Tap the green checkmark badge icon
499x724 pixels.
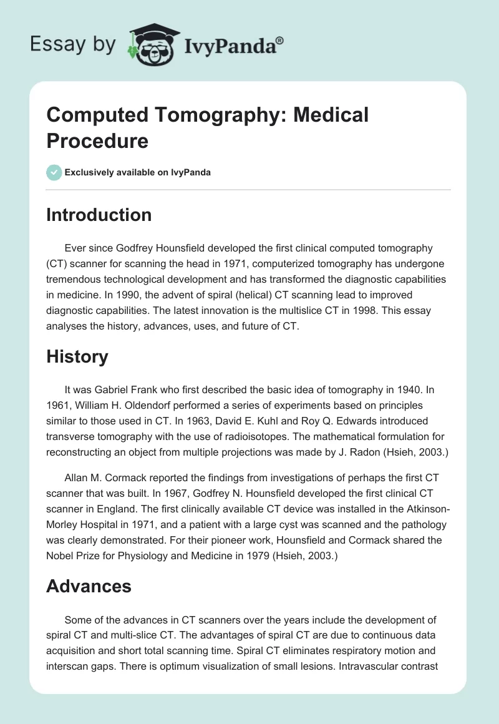(x=54, y=172)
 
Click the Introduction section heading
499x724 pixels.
(x=99, y=215)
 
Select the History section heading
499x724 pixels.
(x=77, y=356)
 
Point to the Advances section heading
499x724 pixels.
(x=89, y=586)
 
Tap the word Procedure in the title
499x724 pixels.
(x=97, y=141)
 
